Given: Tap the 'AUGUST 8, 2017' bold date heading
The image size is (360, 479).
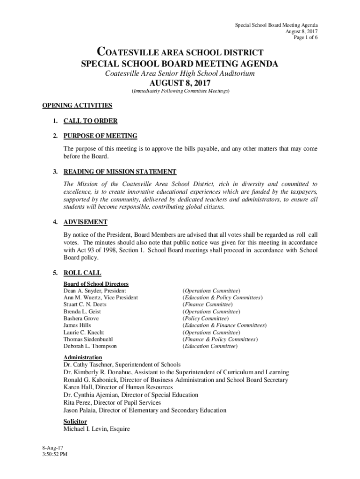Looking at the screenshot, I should [x=180, y=83].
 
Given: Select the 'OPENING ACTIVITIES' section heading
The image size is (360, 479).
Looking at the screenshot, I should [x=77, y=105].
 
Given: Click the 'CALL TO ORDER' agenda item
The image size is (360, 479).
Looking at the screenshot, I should [x=90, y=121].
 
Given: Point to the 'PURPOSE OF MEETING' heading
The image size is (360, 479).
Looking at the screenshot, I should [x=100, y=136].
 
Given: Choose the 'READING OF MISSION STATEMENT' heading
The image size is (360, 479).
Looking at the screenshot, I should [x=120, y=172].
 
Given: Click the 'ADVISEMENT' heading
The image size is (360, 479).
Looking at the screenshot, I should [x=86, y=222].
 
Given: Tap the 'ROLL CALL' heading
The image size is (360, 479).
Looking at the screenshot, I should [x=82, y=273].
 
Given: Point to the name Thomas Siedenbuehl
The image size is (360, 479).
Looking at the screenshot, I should [x=88, y=339].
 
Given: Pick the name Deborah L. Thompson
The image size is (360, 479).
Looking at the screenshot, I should [x=90, y=346].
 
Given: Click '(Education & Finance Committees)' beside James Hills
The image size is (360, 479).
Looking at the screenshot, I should [x=224, y=325].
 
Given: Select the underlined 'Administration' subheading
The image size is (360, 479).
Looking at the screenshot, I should [x=82, y=357].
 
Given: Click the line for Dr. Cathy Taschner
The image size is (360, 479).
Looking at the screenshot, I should [x=122, y=364].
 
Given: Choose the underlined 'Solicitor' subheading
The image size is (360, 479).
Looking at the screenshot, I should [x=75, y=421].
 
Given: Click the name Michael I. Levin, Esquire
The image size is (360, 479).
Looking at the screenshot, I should [x=96, y=429].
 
